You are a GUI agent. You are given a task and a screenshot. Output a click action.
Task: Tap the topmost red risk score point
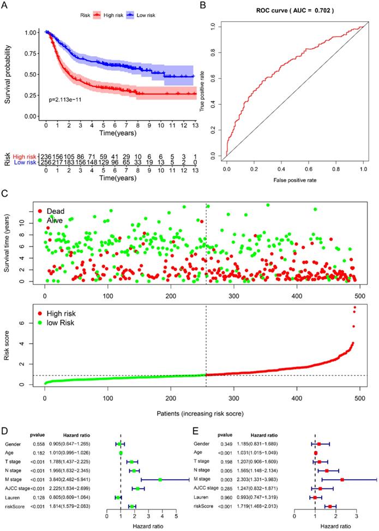click(355, 308)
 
